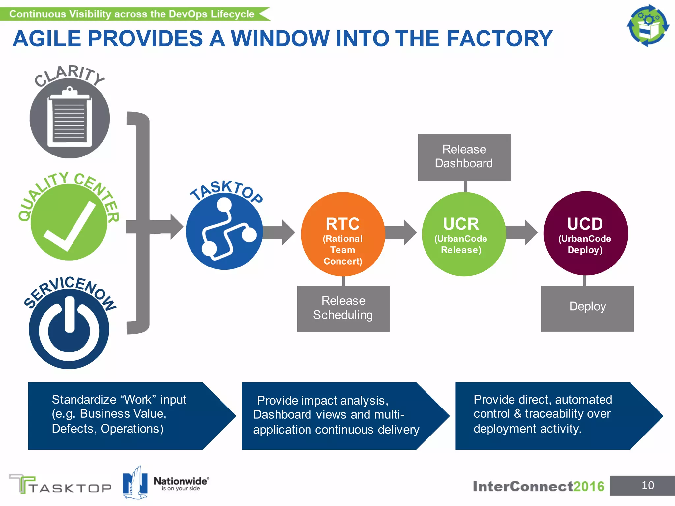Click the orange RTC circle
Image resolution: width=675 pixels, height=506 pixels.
click(343, 234)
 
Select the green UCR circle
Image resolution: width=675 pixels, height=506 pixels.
click(464, 234)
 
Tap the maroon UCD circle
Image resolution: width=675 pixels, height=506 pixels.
click(585, 233)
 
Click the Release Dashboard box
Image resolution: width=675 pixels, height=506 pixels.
click(464, 157)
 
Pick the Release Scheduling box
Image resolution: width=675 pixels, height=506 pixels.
click(343, 308)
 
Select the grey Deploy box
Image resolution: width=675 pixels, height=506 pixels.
click(587, 308)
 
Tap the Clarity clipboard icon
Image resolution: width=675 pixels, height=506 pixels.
click(70, 119)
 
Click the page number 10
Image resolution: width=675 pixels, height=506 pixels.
click(647, 485)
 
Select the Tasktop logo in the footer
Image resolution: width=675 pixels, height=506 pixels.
click(60, 484)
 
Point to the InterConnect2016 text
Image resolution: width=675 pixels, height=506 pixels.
click(538, 486)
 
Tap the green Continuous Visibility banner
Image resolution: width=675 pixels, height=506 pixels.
click(132, 14)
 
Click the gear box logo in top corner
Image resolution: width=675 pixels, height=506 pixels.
click(648, 25)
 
